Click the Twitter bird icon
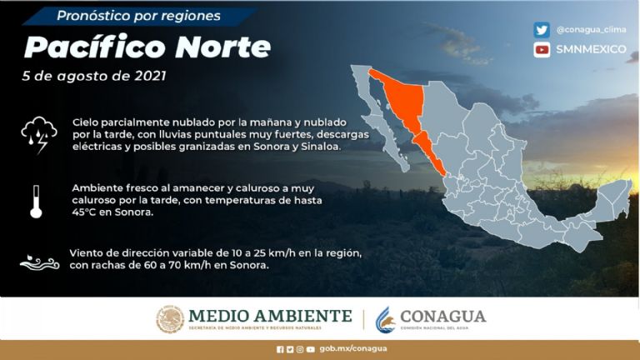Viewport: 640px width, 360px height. [x=542, y=30]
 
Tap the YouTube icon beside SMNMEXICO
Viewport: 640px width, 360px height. [x=542, y=49]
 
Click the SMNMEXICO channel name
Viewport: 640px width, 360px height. [x=591, y=49]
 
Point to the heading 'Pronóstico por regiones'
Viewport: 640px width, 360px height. [x=138, y=16]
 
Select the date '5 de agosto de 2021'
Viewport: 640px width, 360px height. [x=94, y=76]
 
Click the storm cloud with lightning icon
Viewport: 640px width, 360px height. [x=38, y=133]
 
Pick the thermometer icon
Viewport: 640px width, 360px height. [x=36, y=200]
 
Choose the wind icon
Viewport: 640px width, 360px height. [x=38, y=262]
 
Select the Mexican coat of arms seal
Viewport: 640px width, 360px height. [x=170, y=319]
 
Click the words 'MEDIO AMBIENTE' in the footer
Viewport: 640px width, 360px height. [x=270, y=316]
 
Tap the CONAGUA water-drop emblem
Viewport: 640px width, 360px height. [x=384, y=319]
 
